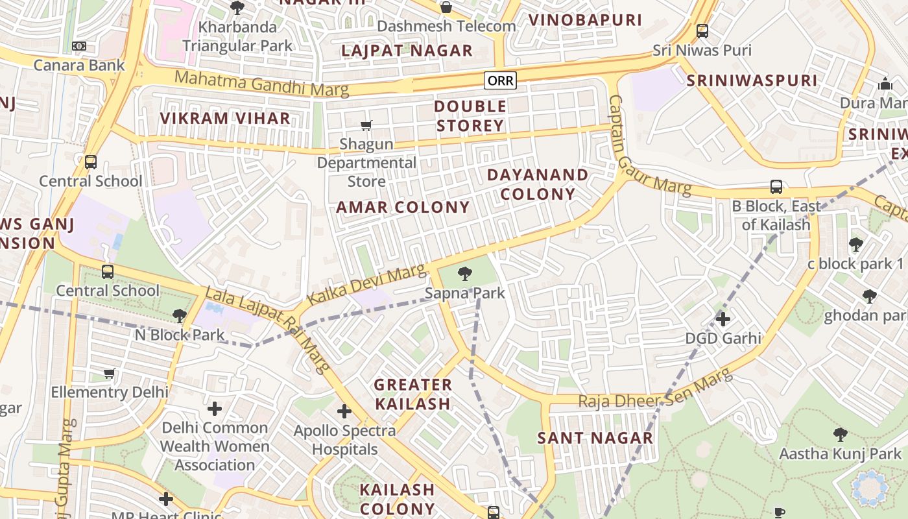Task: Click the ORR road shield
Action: point(499,80)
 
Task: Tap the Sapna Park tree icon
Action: point(464,274)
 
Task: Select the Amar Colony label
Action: point(403,208)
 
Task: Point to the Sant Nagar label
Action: point(595,438)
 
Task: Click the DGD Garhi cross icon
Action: point(723,319)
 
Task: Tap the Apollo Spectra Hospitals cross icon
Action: point(344,411)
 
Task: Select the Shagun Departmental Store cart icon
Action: point(366,125)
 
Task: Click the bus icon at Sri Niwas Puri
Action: point(702,30)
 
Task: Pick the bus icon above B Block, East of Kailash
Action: point(776,187)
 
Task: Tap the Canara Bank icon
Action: point(79,46)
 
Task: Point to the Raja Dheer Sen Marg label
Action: point(655,391)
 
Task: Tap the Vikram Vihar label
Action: point(225,118)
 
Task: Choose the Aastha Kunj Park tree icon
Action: point(840,434)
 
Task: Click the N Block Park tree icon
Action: point(180,316)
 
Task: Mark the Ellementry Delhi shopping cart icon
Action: point(110,373)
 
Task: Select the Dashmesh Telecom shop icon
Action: point(446,7)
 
